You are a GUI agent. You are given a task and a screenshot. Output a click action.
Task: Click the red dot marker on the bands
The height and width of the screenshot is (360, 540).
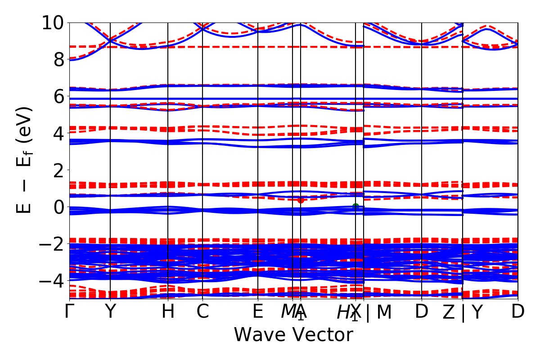[x=301, y=200]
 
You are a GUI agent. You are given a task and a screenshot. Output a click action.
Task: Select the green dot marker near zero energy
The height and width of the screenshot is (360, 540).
[x=355, y=207]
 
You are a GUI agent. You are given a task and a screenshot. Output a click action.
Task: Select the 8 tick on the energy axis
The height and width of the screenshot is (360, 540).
[x=58, y=59]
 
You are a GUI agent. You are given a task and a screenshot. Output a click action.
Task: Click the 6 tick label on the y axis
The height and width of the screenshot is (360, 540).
[x=58, y=96]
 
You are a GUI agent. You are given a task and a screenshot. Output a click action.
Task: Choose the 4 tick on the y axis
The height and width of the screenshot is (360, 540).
[x=58, y=133]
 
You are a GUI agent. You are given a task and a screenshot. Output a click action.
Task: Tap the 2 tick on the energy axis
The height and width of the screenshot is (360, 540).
[x=58, y=170]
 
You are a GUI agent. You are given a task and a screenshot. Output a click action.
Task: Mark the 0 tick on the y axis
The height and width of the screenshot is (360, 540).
[x=58, y=207]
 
